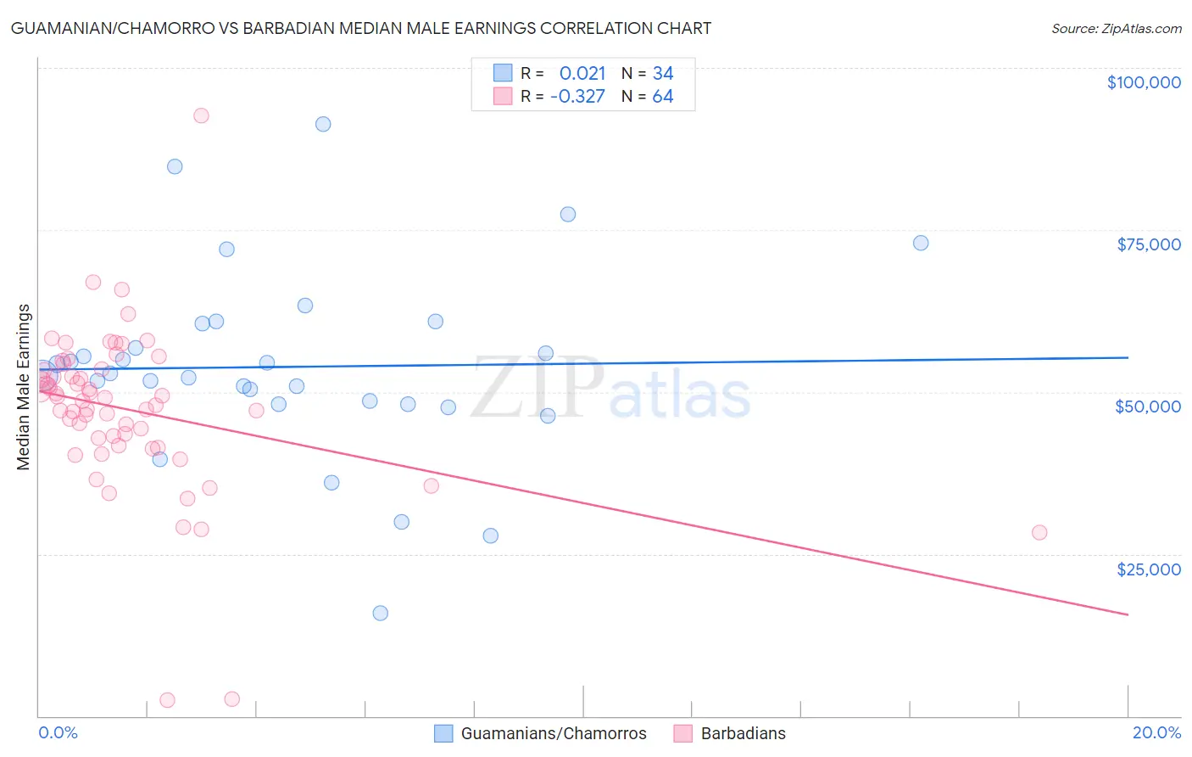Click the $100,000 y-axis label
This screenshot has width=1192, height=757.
[1144, 82]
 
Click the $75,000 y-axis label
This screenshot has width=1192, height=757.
[1149, 244]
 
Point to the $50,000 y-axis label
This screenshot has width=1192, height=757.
[1148, 407]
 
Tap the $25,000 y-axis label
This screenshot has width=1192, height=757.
[1149, 569]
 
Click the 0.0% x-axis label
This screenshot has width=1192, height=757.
[58, 732]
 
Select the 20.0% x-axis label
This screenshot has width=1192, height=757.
[1156, 732]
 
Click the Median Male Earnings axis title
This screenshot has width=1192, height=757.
[24, 386]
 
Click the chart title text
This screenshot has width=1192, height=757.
[361, 28]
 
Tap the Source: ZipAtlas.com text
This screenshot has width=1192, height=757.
[1116, 29]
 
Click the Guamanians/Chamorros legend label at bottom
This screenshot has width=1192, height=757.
[553, 733]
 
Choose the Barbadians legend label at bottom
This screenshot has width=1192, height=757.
[743, 733]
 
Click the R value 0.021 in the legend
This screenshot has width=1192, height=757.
[582, 74]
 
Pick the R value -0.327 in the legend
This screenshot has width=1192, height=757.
[577, 97]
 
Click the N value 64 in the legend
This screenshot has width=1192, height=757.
[663, 97]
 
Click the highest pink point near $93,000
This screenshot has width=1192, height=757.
[201, 115]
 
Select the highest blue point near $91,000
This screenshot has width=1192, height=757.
[323, 124]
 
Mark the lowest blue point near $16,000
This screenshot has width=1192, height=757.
[381, 613]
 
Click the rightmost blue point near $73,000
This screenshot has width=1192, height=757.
[921, 243]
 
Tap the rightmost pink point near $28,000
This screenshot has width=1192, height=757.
[1039, 533]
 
